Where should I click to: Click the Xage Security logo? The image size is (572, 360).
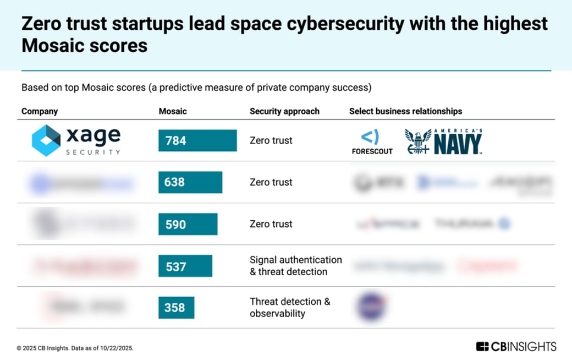pos(76,140)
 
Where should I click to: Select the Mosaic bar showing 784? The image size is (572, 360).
pos(197,140)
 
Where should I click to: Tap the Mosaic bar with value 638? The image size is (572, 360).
pos(190,182)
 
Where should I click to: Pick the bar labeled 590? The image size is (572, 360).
pos(188,224)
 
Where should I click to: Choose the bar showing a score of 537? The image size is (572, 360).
pos(185,266)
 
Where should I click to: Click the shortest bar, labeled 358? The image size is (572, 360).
pos(176,308)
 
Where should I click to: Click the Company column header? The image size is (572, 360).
pos(40,111)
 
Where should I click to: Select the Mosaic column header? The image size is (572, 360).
pos(173,111)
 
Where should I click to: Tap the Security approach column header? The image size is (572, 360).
pos(284,111)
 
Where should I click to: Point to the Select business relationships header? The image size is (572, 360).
pos(405,111)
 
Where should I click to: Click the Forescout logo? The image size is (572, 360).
pos(372,142)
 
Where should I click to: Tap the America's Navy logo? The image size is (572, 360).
pos(443,141)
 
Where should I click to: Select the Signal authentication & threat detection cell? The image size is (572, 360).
pos(295,266)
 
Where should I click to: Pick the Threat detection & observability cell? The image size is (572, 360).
pos(289,308)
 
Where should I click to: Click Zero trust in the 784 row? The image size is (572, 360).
pos(271,140)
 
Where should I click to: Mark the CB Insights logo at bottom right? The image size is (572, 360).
pos(516,346)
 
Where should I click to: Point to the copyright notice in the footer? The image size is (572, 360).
pos(75,348)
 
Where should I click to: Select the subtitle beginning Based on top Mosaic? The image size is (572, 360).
pos(196,88)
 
